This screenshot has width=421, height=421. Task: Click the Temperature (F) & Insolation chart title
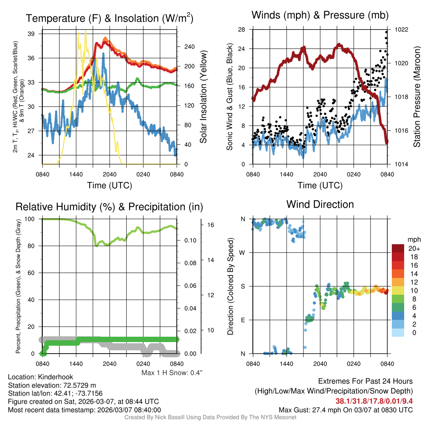[109, 19]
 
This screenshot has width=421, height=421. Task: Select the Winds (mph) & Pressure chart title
[320, 16]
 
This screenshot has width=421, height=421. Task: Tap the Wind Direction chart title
[320, 204]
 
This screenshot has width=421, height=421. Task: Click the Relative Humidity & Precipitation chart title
[109, 207]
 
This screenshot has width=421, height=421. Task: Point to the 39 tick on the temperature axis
[31, 34]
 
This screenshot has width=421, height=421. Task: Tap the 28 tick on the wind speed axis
[241, 30]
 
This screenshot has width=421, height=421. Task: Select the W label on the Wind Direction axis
[243, 252]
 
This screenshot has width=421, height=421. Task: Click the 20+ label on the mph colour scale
[414, 249]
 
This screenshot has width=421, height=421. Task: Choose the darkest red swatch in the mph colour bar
[399, 248]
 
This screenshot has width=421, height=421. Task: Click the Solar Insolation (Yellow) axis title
[203, 97]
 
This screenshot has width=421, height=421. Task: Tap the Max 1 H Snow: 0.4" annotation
[172, 373]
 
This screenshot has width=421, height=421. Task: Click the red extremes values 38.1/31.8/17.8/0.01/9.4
[374, 401]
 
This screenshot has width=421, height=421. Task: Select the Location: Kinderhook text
[35, 377]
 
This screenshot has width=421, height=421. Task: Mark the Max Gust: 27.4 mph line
[345, 409]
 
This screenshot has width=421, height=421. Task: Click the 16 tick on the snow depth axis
[211, 225]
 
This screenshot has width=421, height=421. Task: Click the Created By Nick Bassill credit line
[210, 417]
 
